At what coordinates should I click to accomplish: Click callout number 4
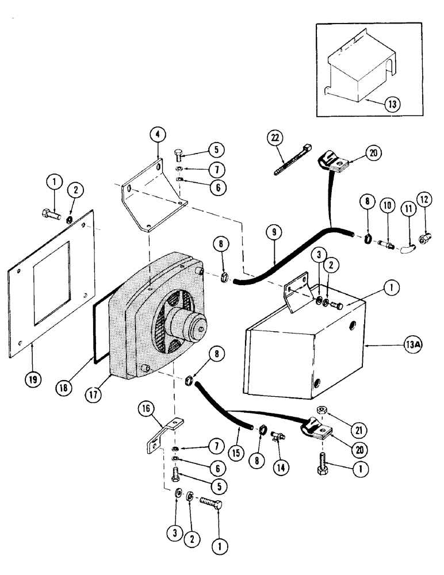[158, 134]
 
